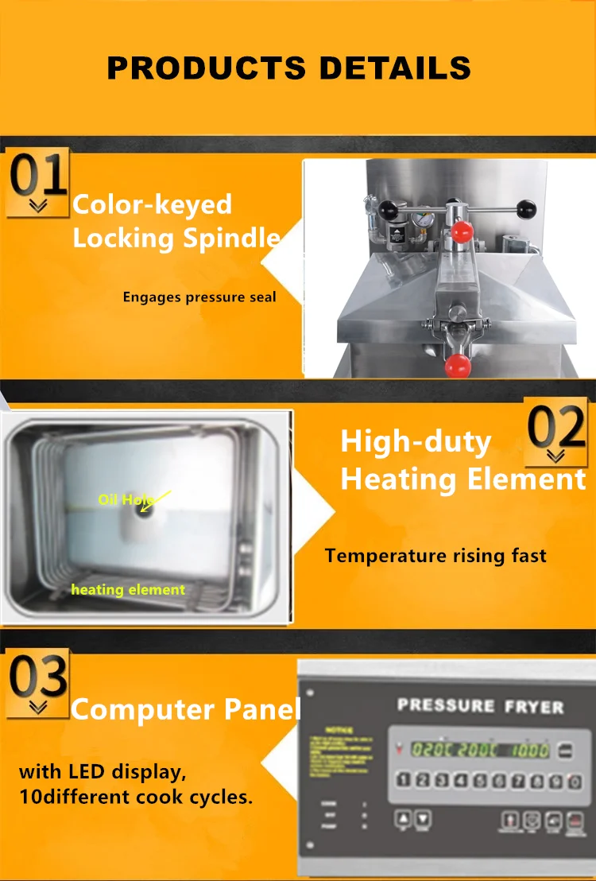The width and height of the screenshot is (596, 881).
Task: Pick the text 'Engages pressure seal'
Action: (199, 297)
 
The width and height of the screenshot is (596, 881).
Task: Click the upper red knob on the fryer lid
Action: (461, 231)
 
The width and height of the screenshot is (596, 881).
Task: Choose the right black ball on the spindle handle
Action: (525, 211)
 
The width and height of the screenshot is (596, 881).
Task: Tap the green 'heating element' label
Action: (128, 589)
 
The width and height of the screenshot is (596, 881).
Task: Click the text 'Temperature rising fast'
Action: (435, 556)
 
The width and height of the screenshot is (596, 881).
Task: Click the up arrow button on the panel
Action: (403, 817)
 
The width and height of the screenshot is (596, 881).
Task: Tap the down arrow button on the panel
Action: (423, 817)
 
